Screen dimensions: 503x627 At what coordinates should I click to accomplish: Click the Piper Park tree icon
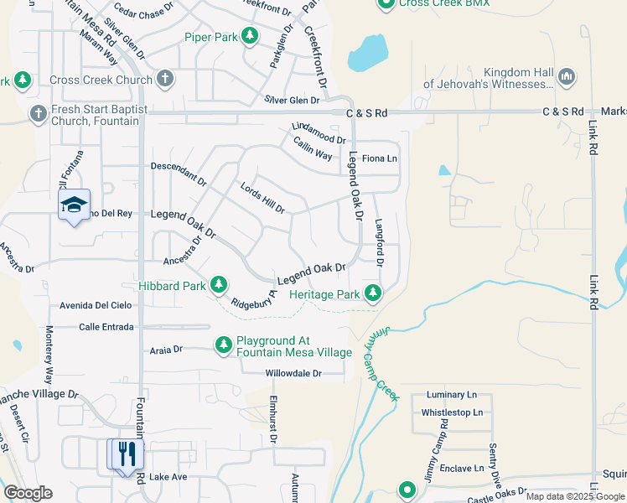249,36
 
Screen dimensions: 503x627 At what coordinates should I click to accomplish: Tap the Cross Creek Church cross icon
165,80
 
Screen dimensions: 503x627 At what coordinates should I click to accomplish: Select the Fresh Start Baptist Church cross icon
38,113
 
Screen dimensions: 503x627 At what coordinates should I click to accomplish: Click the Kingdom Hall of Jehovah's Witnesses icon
567,77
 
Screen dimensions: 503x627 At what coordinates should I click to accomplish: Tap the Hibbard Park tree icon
219,286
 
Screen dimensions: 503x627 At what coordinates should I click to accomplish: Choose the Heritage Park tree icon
373,293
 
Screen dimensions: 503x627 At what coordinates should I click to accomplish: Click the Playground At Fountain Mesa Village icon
223,345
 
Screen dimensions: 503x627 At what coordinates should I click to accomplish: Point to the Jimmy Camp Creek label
379,365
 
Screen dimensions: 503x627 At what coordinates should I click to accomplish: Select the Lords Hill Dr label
262,198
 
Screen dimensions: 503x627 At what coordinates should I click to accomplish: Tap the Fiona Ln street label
379,158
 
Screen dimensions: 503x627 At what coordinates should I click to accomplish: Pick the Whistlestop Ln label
452,412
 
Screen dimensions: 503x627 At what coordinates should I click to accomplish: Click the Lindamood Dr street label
319,132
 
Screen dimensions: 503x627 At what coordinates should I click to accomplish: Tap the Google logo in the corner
28,493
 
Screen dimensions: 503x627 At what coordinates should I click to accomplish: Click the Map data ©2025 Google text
574,496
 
